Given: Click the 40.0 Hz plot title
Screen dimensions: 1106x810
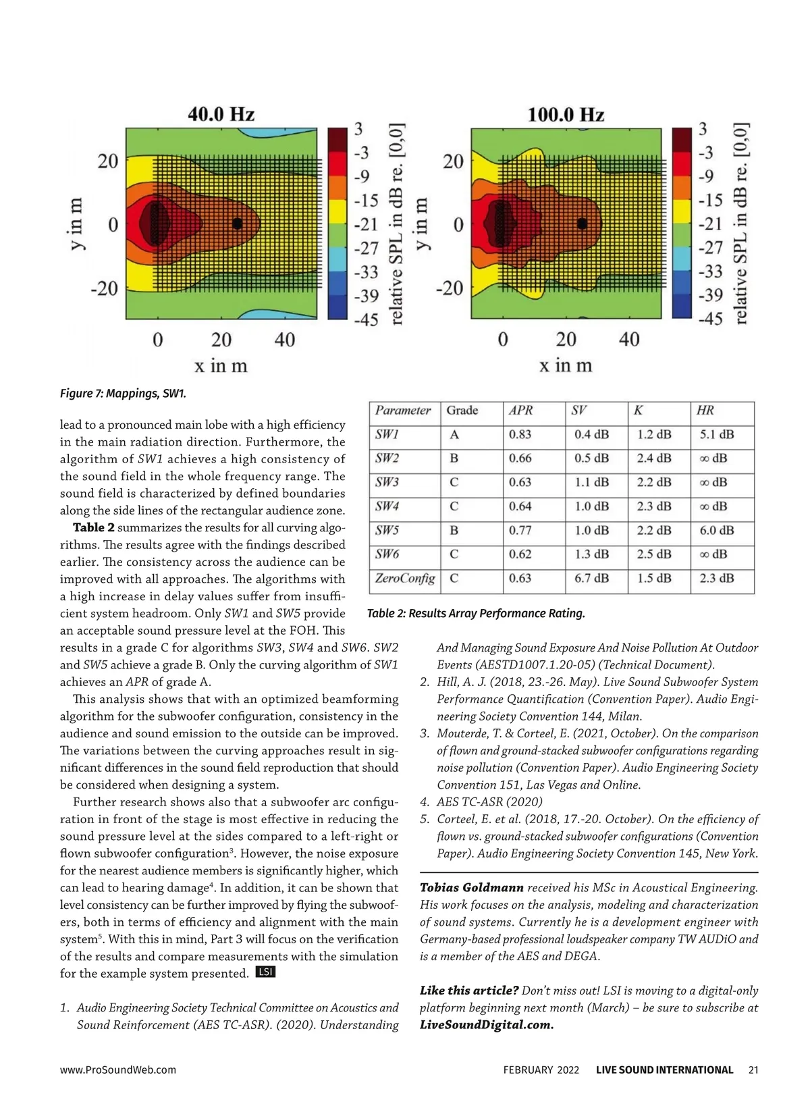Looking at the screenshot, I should [x=221, y=113].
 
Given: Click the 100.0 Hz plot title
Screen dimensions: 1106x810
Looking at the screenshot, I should [x=565, y=114].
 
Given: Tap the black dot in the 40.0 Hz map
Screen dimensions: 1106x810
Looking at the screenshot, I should [x=237, y=223].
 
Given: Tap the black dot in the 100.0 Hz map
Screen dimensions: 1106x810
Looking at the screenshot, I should [x=582, y=223].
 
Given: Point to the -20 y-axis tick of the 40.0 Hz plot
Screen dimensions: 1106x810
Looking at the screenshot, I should [x=104, y=288].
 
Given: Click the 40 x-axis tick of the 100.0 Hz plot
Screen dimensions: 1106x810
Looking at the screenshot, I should [x=629, y=339].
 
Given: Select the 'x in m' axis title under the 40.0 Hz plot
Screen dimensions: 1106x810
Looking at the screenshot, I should [x=221, y=366].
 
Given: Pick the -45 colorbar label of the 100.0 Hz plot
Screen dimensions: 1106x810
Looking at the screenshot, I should [x=710, y=319].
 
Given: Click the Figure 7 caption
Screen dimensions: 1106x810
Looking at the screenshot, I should [x=123, y=393].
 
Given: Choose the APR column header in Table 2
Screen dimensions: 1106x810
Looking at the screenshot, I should [x=521, y=411].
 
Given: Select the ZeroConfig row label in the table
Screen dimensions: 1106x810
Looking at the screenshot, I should [x=405, y=579].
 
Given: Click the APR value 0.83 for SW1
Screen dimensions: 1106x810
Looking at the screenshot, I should [x=520, y=435].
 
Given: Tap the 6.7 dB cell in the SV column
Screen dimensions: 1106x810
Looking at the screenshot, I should [x=591, y=579].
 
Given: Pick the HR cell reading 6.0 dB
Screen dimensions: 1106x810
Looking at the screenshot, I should [x=717, y=531].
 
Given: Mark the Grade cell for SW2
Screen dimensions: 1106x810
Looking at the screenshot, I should [x=454, y=458].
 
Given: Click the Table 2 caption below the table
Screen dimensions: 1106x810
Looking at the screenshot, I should [x=476, y=613].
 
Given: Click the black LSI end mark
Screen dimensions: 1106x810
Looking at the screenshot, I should [x=266, y=972].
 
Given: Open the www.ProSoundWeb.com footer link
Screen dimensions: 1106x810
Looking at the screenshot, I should [x=118, y=1070].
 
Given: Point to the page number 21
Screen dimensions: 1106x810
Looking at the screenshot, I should [x=753, y=1070].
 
